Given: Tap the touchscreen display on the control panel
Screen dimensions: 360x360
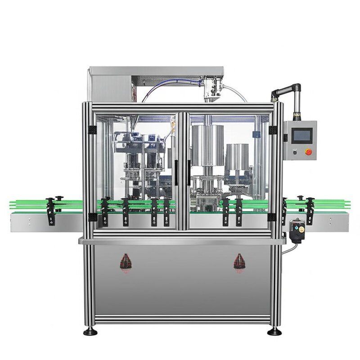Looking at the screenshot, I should [x=300, y=135].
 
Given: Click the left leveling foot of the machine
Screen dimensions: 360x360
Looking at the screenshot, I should [x=90, y=332].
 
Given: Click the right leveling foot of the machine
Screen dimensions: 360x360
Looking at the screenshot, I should [x=274, y=332].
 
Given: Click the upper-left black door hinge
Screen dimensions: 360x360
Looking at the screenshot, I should [x=89, y=130].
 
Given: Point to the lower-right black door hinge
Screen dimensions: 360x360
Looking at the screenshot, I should [x=272, y=217].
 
